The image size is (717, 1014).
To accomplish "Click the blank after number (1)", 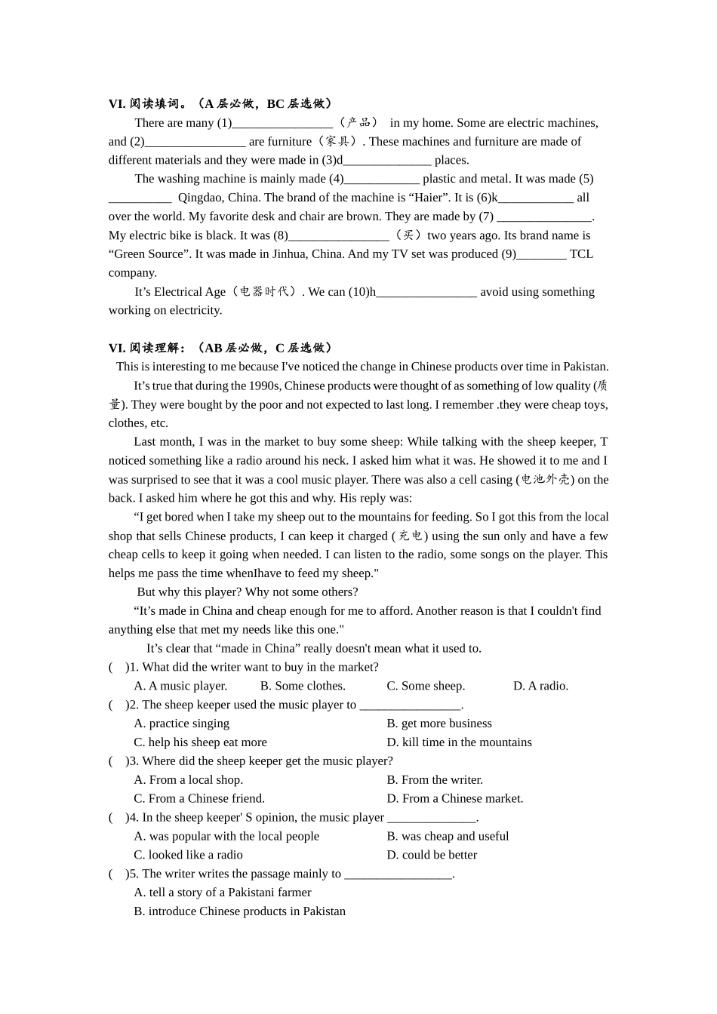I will [282, 123].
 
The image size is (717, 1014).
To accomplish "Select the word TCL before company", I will [581, 254].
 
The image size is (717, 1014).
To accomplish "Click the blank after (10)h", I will [426, 292].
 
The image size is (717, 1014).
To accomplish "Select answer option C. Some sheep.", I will [426, 686].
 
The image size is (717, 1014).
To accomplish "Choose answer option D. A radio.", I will [540, 686].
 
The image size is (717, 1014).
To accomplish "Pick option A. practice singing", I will [182, 724].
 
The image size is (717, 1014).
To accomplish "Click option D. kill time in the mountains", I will [459, 742].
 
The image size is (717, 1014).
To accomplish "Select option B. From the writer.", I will [435, 779].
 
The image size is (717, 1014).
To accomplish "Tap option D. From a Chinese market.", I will [454, 798].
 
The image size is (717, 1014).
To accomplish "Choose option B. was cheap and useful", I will [448, 836].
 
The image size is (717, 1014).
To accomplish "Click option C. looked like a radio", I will [188, 855].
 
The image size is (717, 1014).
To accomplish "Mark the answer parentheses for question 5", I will [117, 874].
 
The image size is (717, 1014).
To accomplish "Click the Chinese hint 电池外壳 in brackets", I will [545, 480].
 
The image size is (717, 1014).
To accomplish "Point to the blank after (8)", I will [339, 235].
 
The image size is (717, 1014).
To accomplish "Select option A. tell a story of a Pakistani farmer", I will [223, 893].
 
